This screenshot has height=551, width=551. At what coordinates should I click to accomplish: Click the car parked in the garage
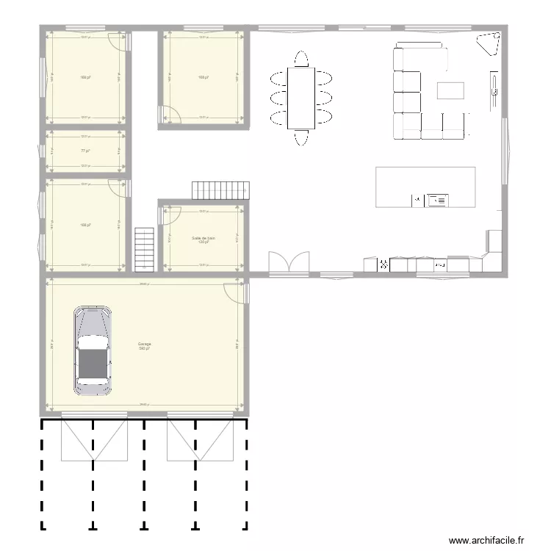click(93, 350)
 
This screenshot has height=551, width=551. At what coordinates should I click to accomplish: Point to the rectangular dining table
click(301, 97)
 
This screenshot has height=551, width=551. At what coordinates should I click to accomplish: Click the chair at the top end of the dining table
click(301, 58)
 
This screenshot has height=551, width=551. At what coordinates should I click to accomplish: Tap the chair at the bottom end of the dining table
click(301, 137)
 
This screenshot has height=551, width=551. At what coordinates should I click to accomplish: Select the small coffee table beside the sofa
click(451, 90)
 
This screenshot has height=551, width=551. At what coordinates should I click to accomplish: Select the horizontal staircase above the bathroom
click(219, 190)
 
